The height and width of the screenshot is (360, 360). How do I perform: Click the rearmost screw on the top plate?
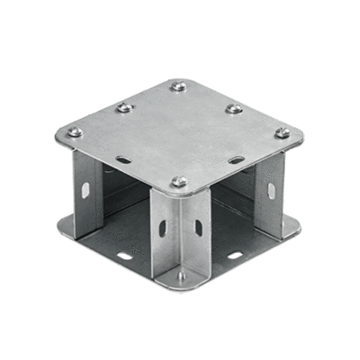pyautogui.click(x=178, y=86)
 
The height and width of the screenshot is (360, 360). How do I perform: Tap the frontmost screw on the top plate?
pyautogui.click(x=179, y=182)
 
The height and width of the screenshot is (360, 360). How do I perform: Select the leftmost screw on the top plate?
pyautogui.click(x=75, y=132)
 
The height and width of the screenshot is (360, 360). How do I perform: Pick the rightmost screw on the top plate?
pyautogui.click(x=282, y=133)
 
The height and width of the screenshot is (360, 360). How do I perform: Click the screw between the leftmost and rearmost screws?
pyautogui.click(x=124, y=108)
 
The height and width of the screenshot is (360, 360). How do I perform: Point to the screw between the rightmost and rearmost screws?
pyautogui.click(x=233, y=109)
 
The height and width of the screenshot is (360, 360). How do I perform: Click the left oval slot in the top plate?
pyautogui.click(x=123, y=160)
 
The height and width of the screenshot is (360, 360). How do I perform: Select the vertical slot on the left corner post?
pyautogui.click(x=85, y=190)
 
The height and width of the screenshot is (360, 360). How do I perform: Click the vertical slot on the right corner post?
pyautogui.click(x=269, y=192)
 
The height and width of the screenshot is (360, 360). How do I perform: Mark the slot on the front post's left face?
pyautogui.click(x=163, y=228)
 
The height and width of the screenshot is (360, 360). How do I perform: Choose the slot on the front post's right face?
pyautogui.click(x=197, y=228)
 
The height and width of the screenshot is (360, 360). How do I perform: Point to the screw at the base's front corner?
pyautogui.click(x=180, y=276)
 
